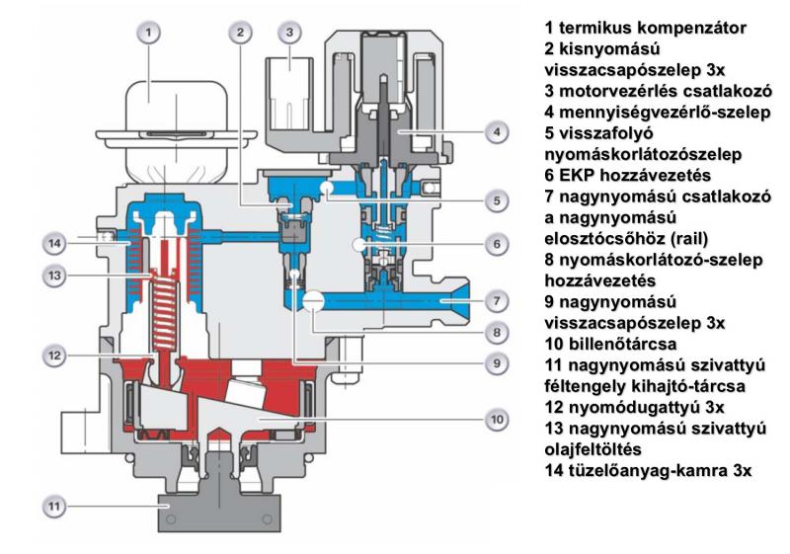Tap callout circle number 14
[58, 240]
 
